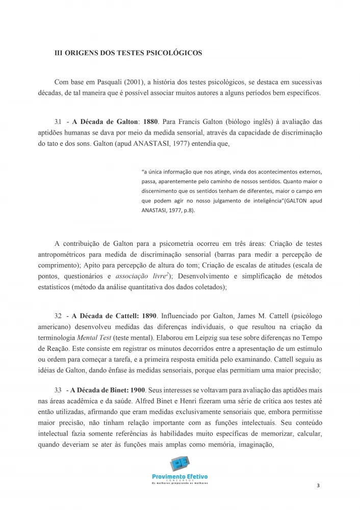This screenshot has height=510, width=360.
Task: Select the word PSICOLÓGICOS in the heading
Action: (176, 53)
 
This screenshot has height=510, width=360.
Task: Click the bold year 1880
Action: (150, 122)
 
